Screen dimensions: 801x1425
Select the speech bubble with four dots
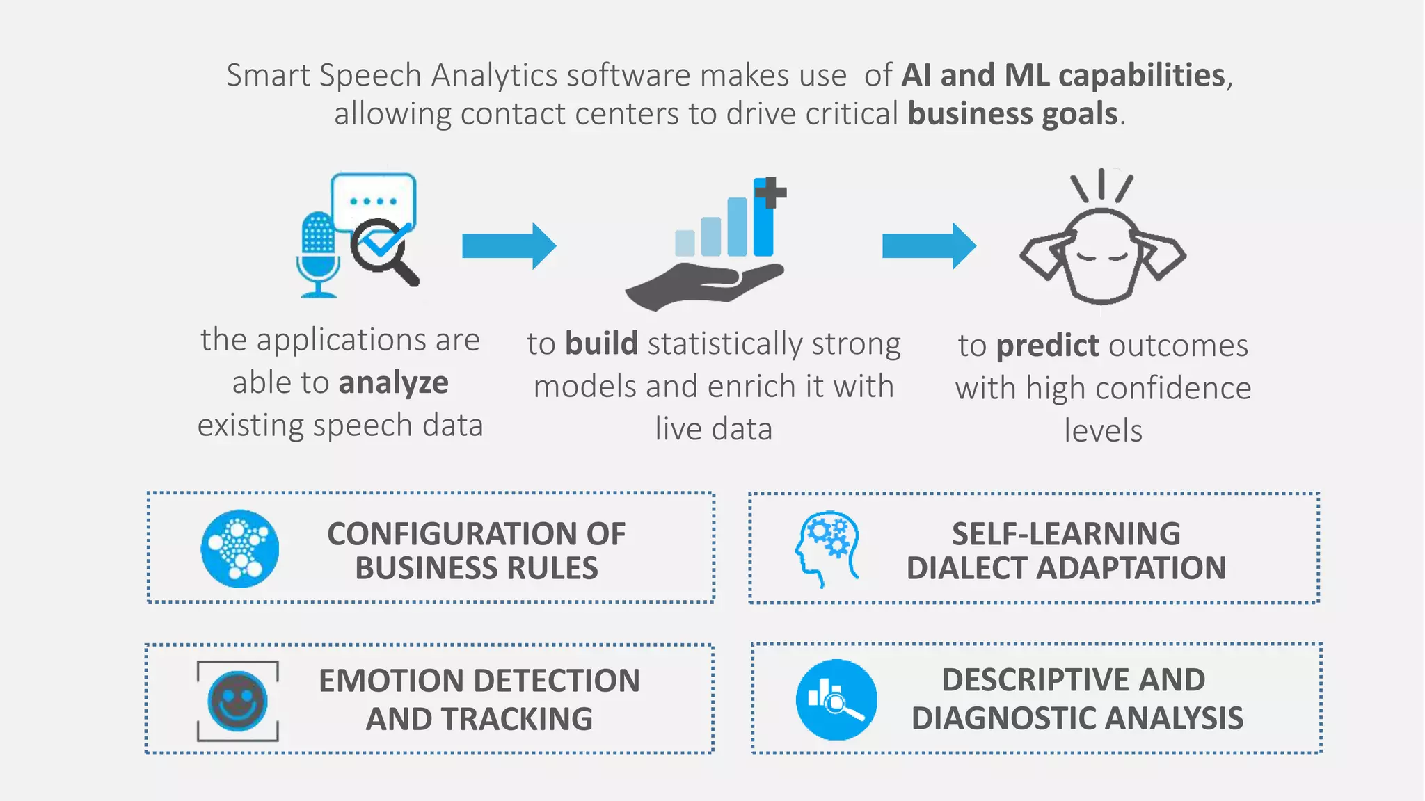pos(374,200)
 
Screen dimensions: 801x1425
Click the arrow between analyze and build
pos(509,245)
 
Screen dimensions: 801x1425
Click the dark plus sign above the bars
pos(770,192)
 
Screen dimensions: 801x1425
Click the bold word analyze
pos(394,383)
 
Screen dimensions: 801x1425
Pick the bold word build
pos(601,344)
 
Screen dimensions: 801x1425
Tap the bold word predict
pos(1047,346)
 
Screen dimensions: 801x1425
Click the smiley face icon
pos(237,701)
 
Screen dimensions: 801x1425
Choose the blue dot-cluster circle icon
pos(240,549)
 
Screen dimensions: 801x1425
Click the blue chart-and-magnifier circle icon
pos(836,699)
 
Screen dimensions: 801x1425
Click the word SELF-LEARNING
pos(1066,534)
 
